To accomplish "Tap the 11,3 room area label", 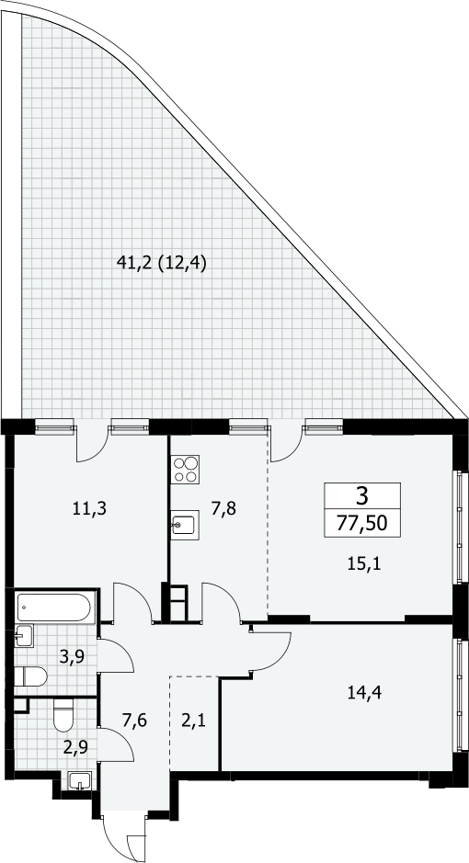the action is [x=89, y=508].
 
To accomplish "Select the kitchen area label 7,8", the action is [x=223, y=508].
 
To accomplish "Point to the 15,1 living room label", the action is [x=364, y=563].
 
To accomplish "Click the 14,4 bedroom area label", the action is [x=364, y=692].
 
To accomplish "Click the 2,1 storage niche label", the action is [x=193, y=719].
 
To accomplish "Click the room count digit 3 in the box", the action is [x=361, y=497].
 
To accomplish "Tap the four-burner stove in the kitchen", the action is [x=186, y=470].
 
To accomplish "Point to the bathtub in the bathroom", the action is [x=55, y=608].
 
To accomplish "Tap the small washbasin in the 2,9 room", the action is [x=79, y=781].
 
